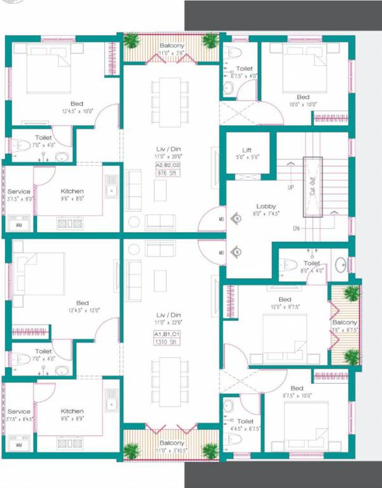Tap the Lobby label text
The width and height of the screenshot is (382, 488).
(266, 209)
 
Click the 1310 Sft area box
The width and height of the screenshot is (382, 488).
(165, 342)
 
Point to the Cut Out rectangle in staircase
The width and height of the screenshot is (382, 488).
(313, 187)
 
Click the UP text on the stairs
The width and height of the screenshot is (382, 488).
(290, 188)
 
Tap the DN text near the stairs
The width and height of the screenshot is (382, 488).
(296, 228)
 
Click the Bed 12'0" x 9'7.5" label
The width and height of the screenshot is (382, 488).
(284, 303)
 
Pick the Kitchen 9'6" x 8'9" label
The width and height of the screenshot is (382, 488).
(72, 415)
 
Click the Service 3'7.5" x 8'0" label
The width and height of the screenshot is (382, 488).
(19, 194)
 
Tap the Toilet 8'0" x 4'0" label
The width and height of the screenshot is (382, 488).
(311, 266)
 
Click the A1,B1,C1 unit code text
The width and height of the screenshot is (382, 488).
(165, 334)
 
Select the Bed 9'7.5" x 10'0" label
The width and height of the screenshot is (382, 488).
(297, 391)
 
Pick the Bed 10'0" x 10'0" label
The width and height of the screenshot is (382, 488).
(303, 101)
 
